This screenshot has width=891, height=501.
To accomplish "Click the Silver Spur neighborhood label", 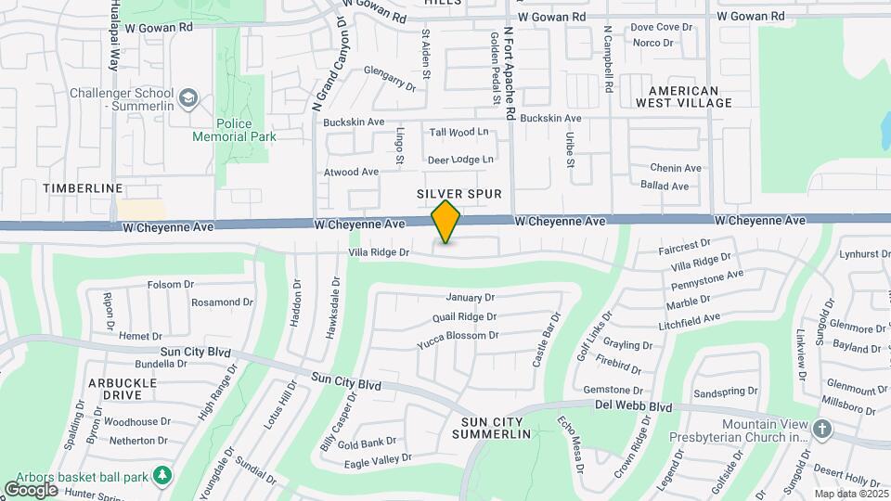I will (459, 194).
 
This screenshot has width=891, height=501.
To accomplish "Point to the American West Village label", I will (684, 96).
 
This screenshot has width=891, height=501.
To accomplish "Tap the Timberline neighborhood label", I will (84, 188).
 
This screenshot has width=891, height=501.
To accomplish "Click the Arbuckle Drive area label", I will (128, 389).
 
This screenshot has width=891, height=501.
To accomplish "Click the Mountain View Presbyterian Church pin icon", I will (821, 429).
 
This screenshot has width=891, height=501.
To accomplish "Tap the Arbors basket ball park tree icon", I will (163, 475).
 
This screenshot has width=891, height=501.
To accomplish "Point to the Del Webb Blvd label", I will (634, 407).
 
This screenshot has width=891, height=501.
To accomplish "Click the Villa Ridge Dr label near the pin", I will (379, 252).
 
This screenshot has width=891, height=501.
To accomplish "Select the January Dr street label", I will (471, 298).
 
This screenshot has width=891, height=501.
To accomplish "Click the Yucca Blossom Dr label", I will (459, 336).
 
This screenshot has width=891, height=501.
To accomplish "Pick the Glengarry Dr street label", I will (390, 78).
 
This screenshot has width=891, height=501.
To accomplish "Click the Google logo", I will (31, 489).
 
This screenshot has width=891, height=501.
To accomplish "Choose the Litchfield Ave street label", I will (688, 320).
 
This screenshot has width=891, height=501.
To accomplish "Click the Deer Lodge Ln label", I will (460, 160).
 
